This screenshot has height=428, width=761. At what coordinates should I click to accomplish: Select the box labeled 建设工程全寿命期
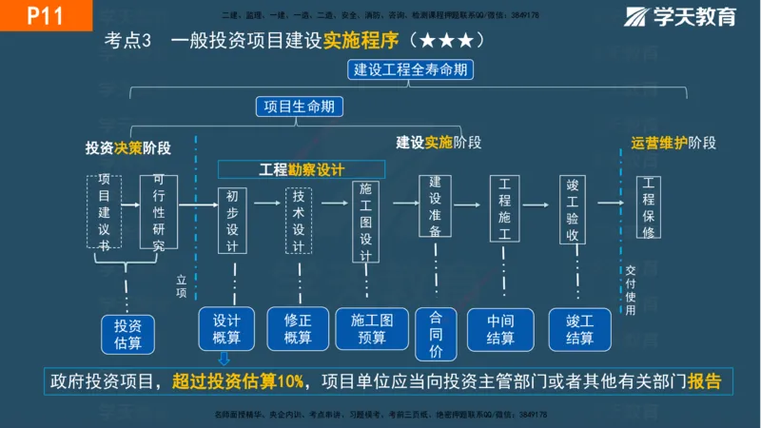pos(412,69)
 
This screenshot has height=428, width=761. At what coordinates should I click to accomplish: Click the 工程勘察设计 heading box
pos(302,169)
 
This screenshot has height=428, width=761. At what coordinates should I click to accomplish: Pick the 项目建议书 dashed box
pos(104,211)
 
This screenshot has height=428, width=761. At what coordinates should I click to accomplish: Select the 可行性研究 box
pos(158,212)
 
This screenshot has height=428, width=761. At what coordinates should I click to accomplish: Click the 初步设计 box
pos(233,220)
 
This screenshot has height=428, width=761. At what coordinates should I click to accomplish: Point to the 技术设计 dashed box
pos(298,220)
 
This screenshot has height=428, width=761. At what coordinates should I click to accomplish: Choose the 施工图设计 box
pos(365,222)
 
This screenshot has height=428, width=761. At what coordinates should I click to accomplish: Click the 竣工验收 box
pos(574,208)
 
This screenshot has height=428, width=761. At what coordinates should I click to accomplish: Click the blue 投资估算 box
pos(127,333)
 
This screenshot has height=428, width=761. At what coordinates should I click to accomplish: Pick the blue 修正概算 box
pos(298,328)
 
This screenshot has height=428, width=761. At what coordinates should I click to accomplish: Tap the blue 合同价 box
pos(437,335)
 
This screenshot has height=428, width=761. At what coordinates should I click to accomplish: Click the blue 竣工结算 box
pos(579,328)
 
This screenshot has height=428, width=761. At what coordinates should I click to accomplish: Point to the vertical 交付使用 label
pos(631,289)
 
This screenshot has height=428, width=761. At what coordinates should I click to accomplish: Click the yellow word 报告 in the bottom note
pos(704,381)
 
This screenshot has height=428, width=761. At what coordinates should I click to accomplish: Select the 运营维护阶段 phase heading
pos(673,143)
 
